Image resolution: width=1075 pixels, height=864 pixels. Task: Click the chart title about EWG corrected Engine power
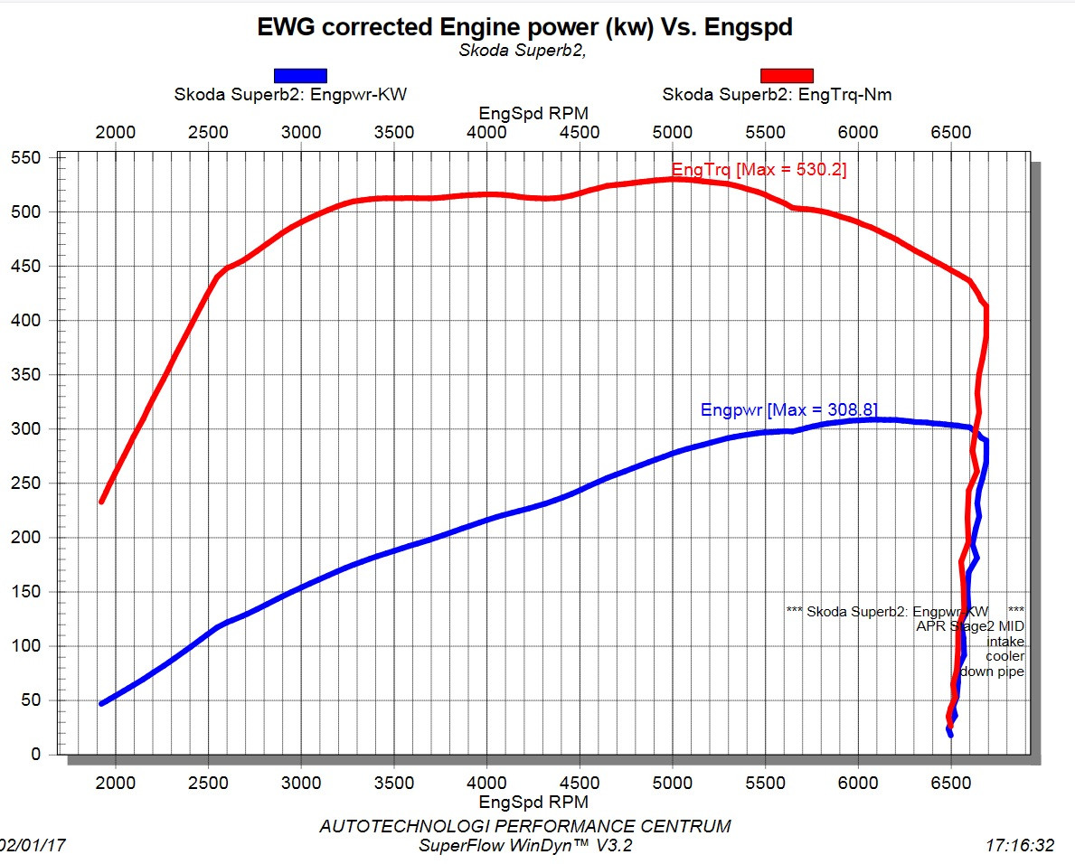tap(524, 27)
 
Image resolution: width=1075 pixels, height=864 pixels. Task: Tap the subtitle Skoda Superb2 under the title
tap(523, 51)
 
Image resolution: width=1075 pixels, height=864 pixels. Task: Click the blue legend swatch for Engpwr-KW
tap(300, 76)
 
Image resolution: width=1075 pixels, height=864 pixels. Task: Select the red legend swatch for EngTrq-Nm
tap(787, 76)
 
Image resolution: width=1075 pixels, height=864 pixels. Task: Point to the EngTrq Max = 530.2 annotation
tap(759, 170)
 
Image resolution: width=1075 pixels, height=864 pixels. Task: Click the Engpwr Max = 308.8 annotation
tap(788, 409)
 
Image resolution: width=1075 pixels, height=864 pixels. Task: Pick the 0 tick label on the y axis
tap(35, 755)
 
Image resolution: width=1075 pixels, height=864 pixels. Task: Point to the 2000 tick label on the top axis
tap(116, 133)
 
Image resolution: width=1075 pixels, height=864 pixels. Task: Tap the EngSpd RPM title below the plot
tap(533, 802)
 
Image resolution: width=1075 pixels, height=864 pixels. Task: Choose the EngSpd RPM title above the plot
tap(533, 113)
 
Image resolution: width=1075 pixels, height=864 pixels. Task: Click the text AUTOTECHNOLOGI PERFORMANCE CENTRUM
tap(525, 826)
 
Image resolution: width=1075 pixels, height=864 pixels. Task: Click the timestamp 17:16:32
tap(1020, 846)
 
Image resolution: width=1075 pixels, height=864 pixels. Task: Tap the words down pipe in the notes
tap(992, 671)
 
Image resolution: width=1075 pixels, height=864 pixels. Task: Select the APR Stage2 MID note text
tap(970, 625)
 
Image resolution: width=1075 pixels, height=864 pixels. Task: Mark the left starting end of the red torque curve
tap(102, 501)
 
